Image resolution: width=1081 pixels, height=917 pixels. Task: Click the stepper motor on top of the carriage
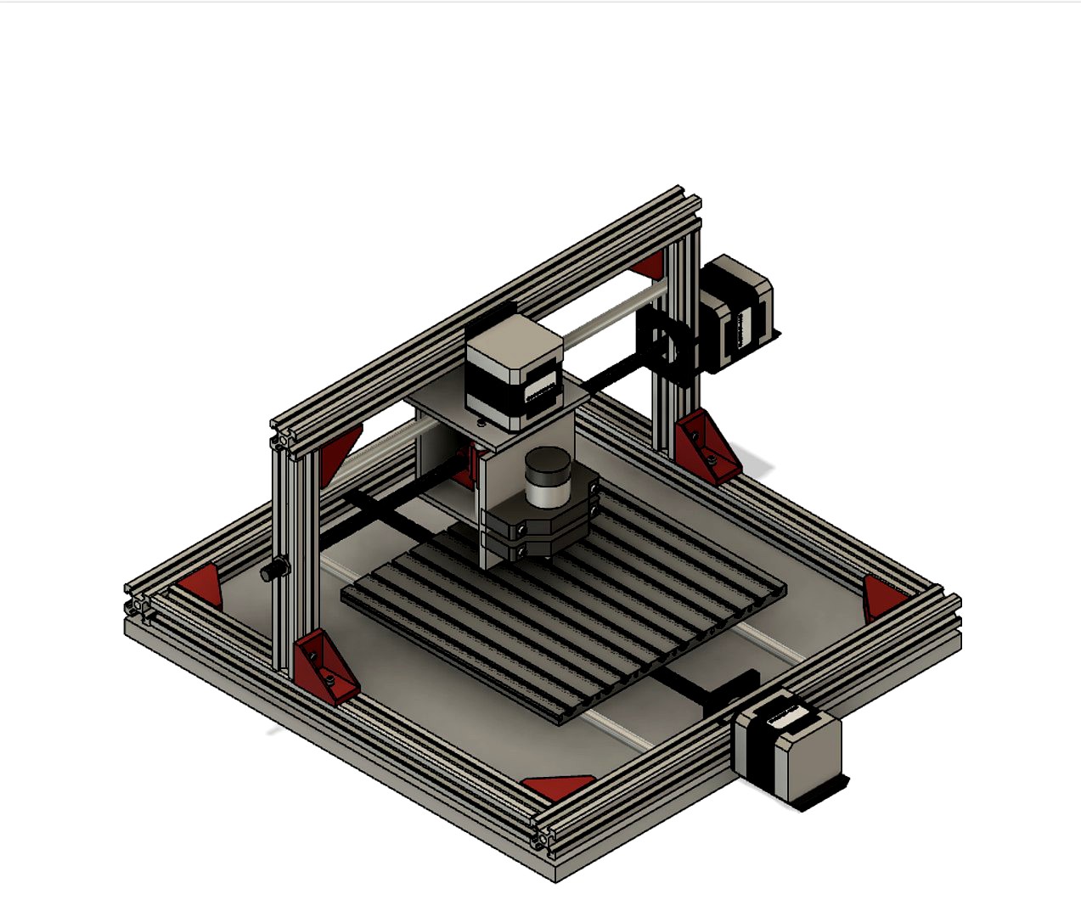(513, 369)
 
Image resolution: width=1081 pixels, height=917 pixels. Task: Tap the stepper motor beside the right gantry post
(736, 312)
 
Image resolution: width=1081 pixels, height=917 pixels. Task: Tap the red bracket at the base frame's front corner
(558, 787)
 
